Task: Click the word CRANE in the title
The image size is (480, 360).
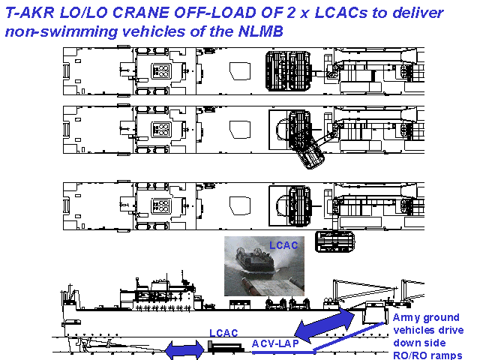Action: [142, 13]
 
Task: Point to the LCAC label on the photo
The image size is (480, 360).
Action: [283, 245]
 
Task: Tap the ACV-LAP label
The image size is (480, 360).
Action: [275, 343]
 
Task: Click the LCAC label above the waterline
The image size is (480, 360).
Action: [223, 333]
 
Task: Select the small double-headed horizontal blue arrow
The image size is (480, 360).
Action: [184, 349]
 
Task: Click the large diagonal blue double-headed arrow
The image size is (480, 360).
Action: [325, 325]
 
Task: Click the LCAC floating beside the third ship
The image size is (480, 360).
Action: [335, 241]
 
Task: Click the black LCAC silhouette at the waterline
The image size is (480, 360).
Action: [226, 346]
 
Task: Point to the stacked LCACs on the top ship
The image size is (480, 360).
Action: [288, 71]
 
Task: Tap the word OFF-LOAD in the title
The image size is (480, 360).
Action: [216, 13]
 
